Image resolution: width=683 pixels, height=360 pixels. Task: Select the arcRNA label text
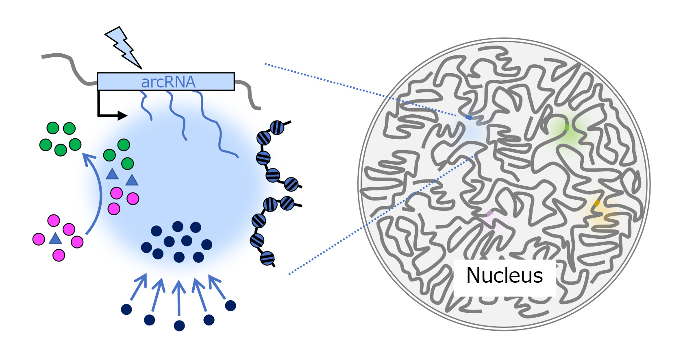click(x=168, y=82)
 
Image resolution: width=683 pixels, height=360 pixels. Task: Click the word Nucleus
click(x=504, y=276)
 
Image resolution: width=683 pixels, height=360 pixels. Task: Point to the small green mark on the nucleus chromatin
click(x=566, y=127)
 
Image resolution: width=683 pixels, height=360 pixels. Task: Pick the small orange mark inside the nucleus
click(x=596, y=203)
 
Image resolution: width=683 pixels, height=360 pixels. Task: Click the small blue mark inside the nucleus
click(x=469, y=118)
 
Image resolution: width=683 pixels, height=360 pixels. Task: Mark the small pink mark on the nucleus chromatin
click(x=489, y=213)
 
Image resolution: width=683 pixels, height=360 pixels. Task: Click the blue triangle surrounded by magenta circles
click(x=55, y=239)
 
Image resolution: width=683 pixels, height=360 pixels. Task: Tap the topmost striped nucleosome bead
click(x=277, y=128)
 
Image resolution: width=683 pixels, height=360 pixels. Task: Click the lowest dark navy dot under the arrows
click(x=179, y=325)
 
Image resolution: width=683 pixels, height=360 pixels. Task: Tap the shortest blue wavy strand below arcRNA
click(x=146, y=106)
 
